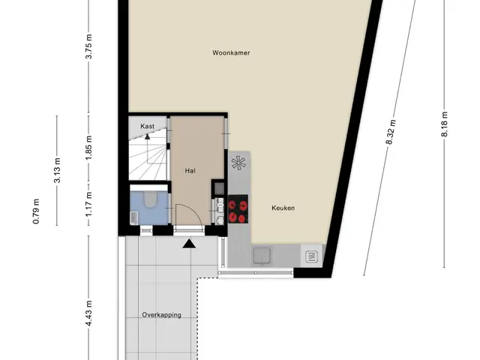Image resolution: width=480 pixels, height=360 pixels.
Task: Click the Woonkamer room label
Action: (231, 53)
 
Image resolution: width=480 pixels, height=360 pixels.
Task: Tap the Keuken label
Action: (283, 208)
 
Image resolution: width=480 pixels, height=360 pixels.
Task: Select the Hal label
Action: (190, 171)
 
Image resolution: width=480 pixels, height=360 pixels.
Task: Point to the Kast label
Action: (147, 126)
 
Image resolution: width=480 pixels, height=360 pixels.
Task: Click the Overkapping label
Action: (161, 315)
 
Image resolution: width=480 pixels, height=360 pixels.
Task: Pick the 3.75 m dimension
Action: (88, 46)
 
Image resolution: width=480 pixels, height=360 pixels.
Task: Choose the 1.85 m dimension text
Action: (88, 147)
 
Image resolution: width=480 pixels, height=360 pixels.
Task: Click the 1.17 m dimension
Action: (88, 204)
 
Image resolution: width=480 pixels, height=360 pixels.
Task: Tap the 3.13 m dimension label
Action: (57, 170)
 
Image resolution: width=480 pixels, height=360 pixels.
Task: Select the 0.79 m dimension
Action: (36, 211)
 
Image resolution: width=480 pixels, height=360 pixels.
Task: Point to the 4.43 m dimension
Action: (88, 313)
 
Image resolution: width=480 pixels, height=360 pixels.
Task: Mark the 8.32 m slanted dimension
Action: (391, 132)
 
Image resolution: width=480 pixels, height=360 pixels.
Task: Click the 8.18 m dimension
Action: (445, 124)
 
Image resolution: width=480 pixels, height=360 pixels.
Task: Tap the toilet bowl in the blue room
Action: (150, 199)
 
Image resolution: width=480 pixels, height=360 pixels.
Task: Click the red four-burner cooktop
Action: (238, 208)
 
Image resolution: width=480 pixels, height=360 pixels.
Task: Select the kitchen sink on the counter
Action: (262, 256)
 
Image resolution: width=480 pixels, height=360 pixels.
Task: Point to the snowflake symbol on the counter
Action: (238, 163)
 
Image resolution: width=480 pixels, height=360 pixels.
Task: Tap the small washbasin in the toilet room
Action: (133, 217)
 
